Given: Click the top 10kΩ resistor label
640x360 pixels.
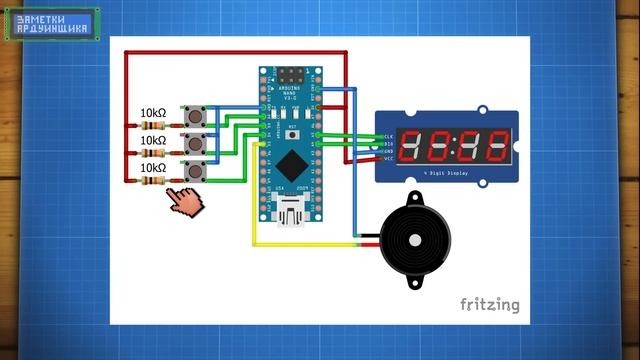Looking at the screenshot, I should [152, 113].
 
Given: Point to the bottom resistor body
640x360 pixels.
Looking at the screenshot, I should [153, 181].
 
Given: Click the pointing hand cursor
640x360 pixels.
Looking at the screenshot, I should [184, 200].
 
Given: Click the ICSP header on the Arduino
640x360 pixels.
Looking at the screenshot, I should [293, 77].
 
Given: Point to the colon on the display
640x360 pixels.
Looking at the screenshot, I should [450, 145].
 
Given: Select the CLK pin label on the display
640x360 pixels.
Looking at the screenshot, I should [389, 136].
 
